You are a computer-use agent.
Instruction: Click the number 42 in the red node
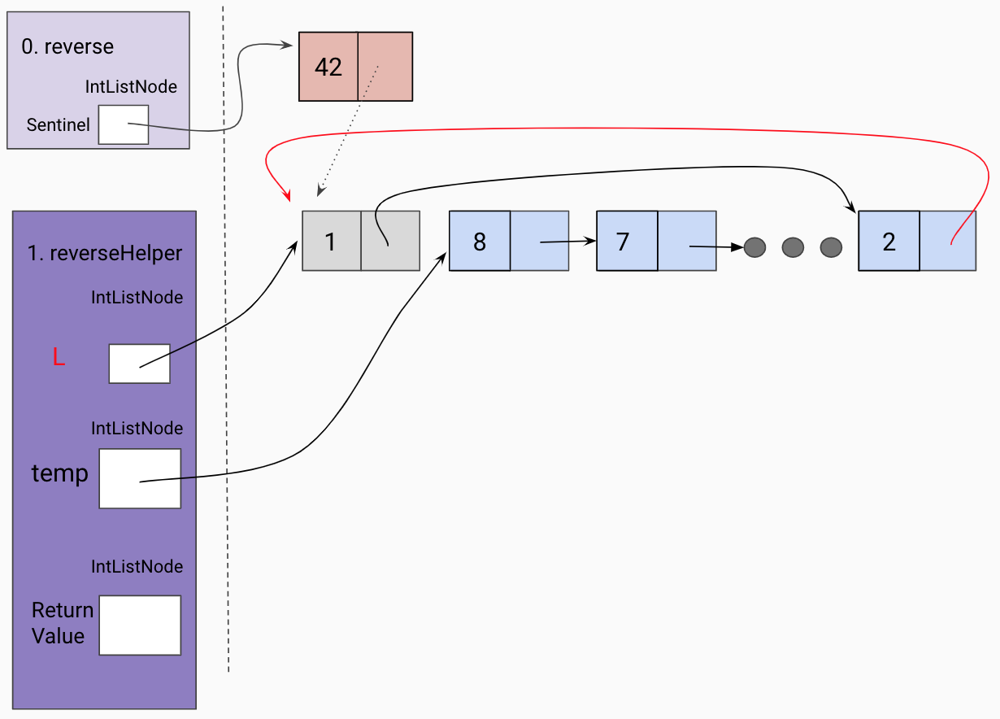[328, 67]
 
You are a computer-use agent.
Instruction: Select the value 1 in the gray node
[331, 242]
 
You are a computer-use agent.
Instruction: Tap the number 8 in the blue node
[480, 242]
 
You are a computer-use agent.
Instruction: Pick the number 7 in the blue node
[623, 242]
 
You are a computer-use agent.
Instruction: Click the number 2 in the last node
[889, 242]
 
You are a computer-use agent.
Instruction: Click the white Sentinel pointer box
[124, 124]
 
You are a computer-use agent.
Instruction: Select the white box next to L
[140, 364]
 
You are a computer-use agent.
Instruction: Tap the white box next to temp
[140, 478]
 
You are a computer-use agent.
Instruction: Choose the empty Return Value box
[140, 625]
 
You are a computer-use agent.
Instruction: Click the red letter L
[59, 357]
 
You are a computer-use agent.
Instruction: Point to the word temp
[59, 473]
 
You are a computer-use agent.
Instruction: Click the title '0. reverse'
[67, 46]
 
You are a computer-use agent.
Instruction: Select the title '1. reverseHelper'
[105, 253]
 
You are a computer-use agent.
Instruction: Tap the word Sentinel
[58, 125]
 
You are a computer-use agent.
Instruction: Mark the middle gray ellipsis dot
[793, 247]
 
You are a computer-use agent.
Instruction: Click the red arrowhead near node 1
[287, 195]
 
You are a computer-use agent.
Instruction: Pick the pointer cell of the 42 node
[385, 67]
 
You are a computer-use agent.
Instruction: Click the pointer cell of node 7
[686, 242]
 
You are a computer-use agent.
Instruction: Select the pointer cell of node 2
[948, 242]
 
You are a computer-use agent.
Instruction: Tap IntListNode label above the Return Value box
[137, 566]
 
